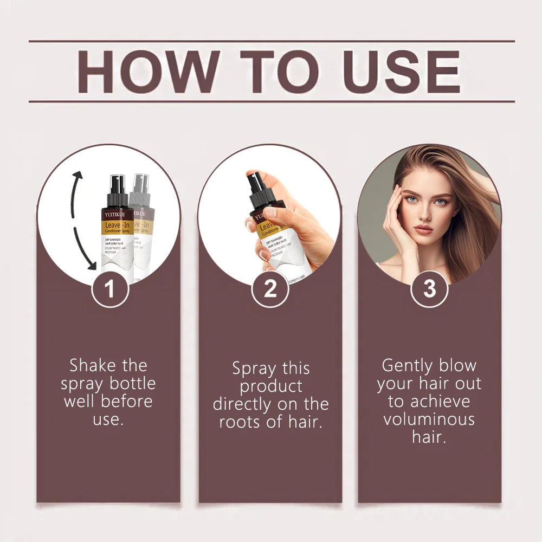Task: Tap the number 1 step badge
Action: [109, 289]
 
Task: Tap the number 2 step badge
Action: [270, 289]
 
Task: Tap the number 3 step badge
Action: [429, 289]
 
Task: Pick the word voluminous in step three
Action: [429, 419]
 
